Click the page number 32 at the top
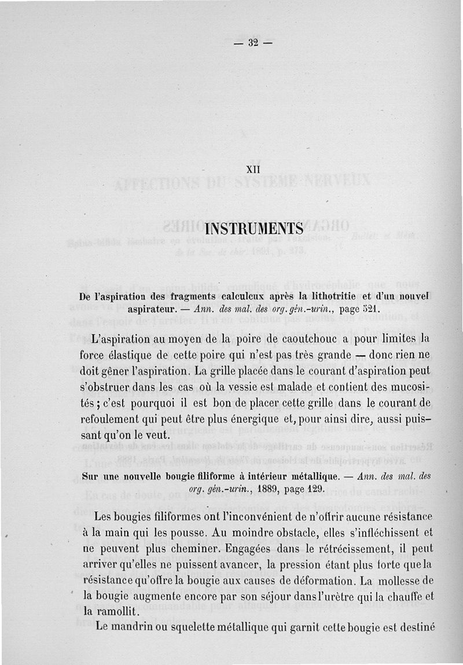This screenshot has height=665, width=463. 252,42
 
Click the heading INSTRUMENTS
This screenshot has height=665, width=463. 255,223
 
